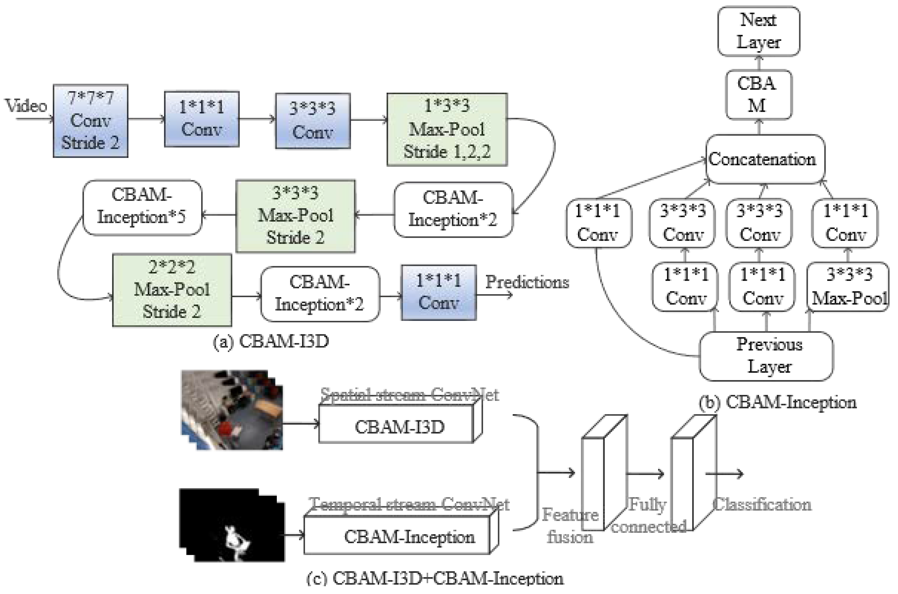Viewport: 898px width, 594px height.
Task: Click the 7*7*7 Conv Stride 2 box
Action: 90,121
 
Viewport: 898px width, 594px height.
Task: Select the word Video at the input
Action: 26,106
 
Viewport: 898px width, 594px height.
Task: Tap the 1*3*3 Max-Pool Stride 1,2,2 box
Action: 447,130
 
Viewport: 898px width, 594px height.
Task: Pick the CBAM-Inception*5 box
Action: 142,207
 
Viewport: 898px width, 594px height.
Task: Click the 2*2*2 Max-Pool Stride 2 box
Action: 172,290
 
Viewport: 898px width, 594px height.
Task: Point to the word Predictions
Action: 527,282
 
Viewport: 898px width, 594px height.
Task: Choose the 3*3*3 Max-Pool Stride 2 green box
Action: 295,216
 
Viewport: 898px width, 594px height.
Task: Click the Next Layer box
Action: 758,31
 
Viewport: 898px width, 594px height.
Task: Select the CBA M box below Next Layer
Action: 758,95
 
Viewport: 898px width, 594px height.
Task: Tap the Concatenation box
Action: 764,159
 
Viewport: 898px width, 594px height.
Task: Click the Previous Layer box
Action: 766,356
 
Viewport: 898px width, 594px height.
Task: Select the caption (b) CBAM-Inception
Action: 777,402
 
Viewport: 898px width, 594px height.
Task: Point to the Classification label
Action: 762,505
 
